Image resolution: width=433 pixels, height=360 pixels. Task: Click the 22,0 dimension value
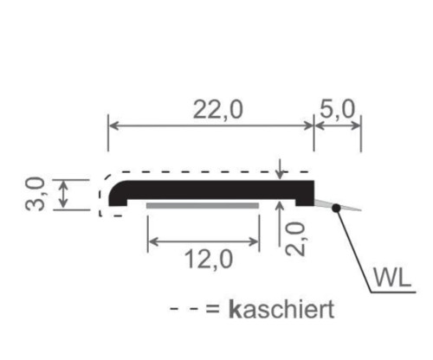coord(210,110)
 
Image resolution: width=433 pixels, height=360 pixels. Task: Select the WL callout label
coord(392,278)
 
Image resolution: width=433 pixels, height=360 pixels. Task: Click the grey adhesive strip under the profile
coord(203,207)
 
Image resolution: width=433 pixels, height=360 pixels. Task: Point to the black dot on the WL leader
coord(334,207)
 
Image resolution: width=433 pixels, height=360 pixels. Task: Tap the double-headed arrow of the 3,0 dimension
coord(63,194)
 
